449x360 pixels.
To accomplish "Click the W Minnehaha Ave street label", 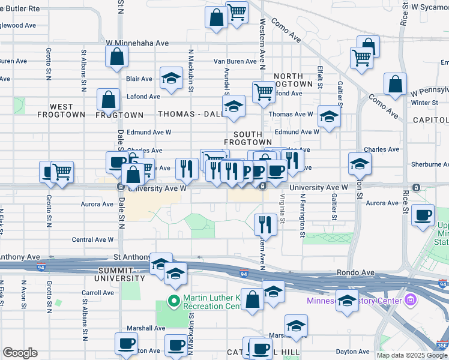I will tap(137, 43).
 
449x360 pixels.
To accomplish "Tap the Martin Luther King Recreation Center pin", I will tap(174, 301).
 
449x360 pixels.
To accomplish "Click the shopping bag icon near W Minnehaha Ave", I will tap(117, 57).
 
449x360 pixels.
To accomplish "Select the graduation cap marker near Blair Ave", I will tap(171, 79).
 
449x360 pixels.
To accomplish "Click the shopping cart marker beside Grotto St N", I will tap(62, 172).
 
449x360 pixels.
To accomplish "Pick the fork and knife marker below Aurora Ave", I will tap(265, 224).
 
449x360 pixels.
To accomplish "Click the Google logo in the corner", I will tap(20, 353).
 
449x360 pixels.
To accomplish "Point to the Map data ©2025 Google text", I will tap(412, 355).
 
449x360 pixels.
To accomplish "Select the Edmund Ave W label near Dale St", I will tap(149, 132).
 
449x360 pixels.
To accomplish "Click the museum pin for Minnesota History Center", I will tap(411, 300).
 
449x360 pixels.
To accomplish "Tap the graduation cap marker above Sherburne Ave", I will tap(360, 163).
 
